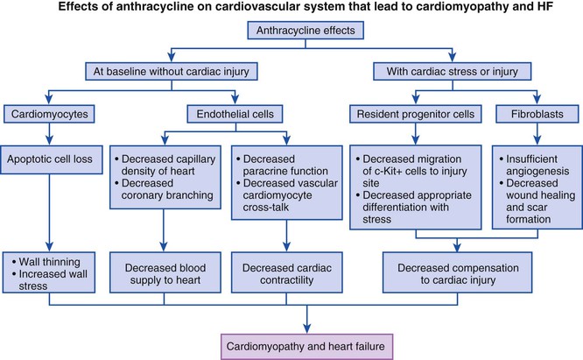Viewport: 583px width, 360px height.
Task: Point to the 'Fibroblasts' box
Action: point(532,114)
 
